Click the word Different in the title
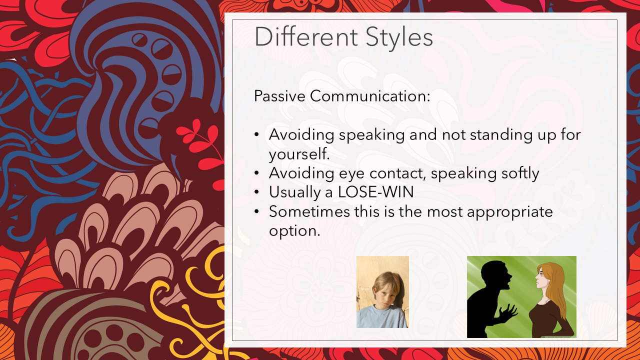306,36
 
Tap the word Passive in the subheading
279,95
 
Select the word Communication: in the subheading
370,95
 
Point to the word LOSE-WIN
375,191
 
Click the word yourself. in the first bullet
299,153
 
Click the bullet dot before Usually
256,192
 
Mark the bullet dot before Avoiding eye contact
256,173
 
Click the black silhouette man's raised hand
508,312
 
